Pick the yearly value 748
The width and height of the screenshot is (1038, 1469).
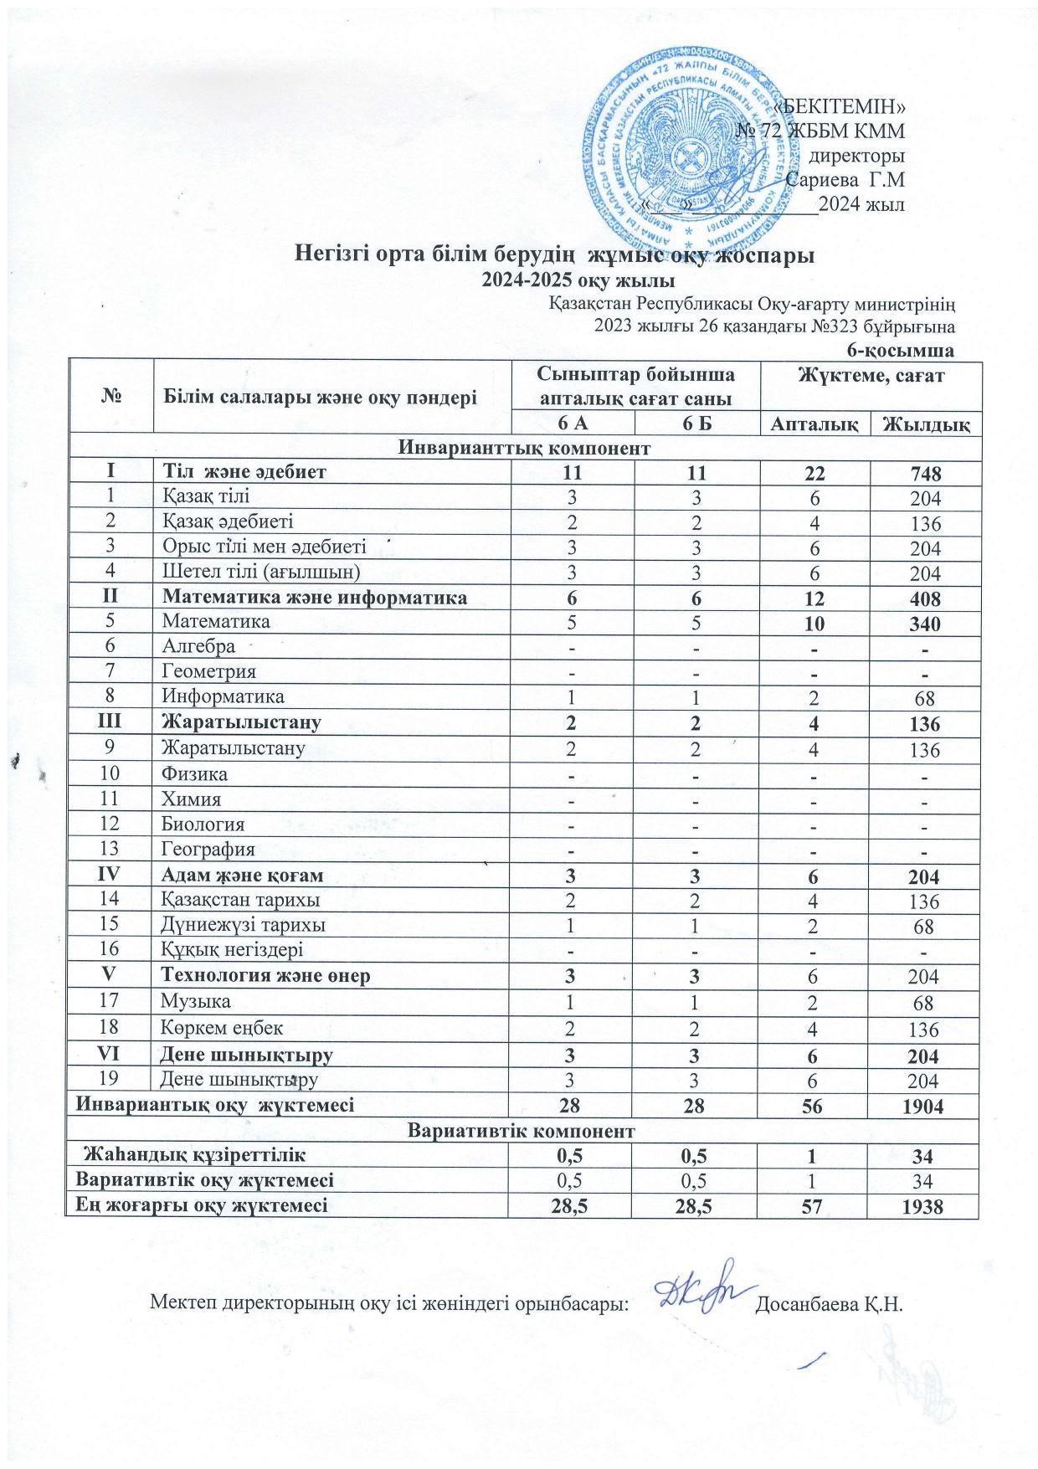click(926, 474)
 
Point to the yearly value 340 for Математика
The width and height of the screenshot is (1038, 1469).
click(926, 624)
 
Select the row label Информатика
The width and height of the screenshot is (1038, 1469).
click(223, 696)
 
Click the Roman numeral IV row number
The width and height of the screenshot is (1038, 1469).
click(111, 876)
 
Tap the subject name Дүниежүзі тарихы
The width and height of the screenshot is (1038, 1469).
click(244, 925)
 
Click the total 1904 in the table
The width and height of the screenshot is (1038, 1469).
click(926, 1106)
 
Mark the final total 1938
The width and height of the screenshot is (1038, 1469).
click(926, 1206)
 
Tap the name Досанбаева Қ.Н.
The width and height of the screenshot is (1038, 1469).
click(831, 1304)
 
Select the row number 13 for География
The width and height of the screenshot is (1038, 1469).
click(111, 850)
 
